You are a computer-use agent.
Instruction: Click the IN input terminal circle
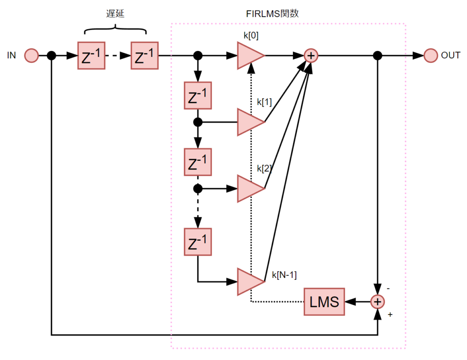coord(31,56)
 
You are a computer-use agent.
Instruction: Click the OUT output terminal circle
coord(431,56)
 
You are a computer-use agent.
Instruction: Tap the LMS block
coord(324,302)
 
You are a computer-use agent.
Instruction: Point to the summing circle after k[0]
coord(311,56)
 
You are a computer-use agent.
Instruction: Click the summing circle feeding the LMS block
coord(377,302)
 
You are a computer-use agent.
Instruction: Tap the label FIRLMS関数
coord(272,14)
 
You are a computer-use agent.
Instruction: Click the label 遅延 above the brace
coord(115,14)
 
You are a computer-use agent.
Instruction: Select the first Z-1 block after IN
coord(91,56)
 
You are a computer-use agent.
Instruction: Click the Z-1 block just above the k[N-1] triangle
coord(197,242)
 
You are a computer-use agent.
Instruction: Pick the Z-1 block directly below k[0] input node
coord(197,95)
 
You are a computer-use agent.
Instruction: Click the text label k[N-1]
coord(284,275)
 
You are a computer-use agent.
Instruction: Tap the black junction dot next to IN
coord(52,56)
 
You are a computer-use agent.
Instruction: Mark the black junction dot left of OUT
coord(377,56)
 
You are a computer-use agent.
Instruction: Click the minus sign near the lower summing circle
coord(388,289)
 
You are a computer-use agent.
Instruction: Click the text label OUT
coord(451,56)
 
